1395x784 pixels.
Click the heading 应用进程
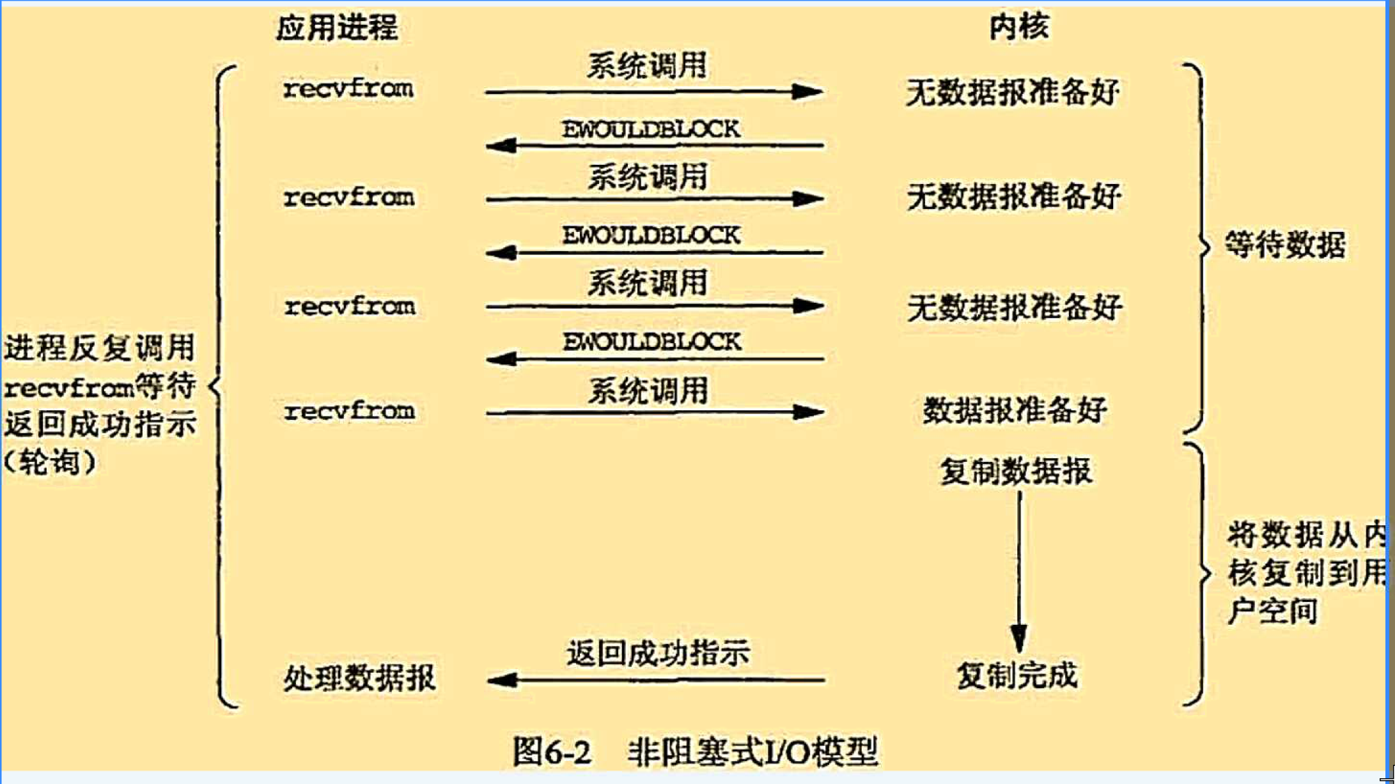337,27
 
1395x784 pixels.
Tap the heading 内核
1018,27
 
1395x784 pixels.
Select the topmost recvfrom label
348,89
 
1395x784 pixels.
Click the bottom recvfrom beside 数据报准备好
350,411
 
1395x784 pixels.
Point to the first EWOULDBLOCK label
651,130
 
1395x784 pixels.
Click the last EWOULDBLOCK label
651,342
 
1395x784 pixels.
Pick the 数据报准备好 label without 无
1014,410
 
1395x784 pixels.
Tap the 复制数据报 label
1016,472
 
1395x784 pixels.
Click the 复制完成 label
1017,676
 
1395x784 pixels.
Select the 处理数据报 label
359,678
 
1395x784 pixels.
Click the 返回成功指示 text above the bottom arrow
658,653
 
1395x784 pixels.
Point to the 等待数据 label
1285,245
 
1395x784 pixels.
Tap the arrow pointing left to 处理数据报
655,680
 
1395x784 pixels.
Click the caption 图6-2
551,751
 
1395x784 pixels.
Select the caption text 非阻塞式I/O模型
752,751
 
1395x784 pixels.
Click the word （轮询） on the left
50,461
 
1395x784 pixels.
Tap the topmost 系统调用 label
647,66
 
